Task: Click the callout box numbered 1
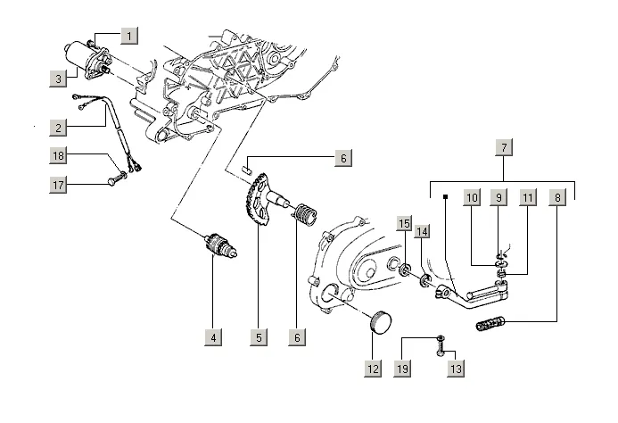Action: pos(129,36)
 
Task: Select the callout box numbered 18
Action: pos(58,155)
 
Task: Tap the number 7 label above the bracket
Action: pos(504,148)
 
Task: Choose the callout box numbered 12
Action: pos(373,369)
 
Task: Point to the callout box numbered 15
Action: pos(404,224)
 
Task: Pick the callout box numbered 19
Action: pos(402,369)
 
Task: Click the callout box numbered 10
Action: pos(472,197)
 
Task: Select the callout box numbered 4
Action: pos(213,337)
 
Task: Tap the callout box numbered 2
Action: pos(58,128)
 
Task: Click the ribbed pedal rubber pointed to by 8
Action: pos(490,323)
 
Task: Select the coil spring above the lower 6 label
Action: pos(305,215)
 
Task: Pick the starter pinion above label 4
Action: pos(221,245)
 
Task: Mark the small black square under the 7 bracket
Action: pos(445,196)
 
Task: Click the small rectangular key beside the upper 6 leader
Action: pos(247,170)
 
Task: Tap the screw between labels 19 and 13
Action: pos(441,345)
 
